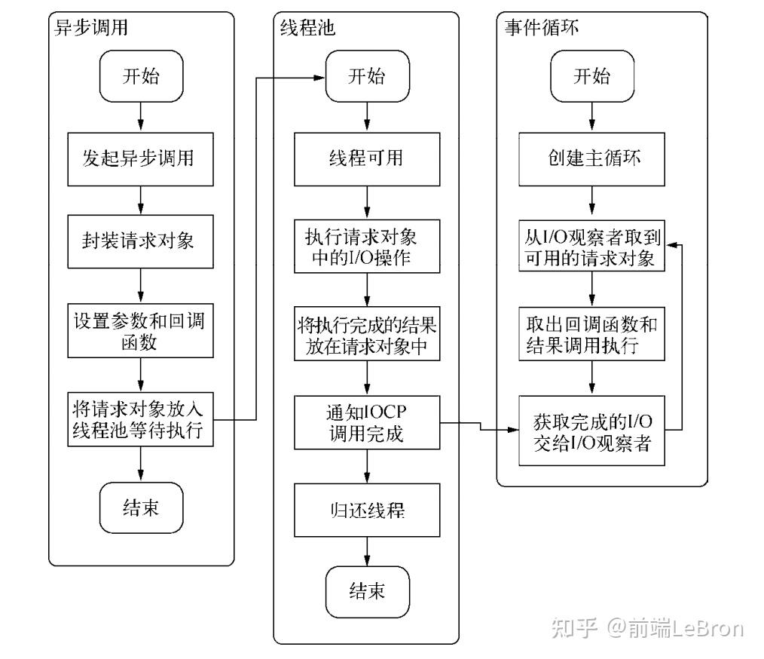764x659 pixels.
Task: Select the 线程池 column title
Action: pos(303,29)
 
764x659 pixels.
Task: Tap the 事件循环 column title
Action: pos(541,29)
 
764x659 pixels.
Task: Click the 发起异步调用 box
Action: pos(139,159)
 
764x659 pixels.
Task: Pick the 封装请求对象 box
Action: pos(139,241)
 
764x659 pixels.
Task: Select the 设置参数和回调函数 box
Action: pos(139,331)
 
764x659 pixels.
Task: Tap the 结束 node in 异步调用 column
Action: pos(140,507)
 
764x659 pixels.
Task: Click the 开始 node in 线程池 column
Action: pos(366,76)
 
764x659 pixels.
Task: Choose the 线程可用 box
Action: pos(366,159)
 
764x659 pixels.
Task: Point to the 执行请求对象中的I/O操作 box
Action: pos(366,248)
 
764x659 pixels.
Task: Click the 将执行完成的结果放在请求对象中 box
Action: pos(366,336)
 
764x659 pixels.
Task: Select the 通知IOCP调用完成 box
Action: pos(366,423)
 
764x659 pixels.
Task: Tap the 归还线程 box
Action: pos(366,510)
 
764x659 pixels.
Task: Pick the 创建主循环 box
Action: pos(591,159)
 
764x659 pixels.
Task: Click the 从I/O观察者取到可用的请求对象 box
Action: pos(591,248)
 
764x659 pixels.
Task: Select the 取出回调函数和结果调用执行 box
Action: pos(591,335)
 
